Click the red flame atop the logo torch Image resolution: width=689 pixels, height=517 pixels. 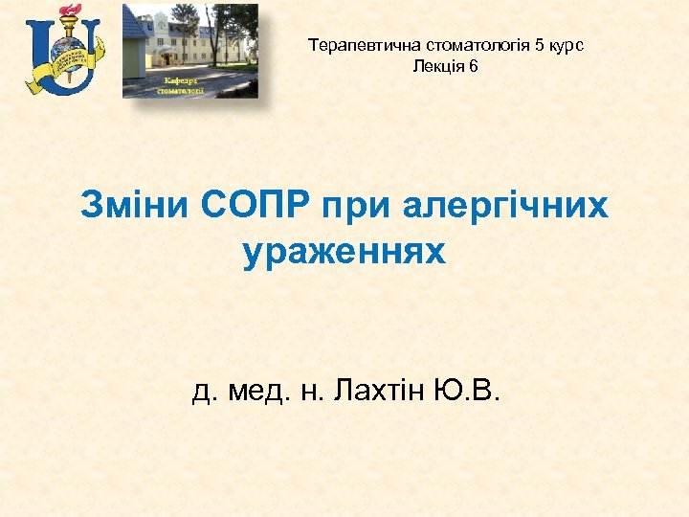pos(69,12)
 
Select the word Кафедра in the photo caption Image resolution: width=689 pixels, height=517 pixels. pos(181,80)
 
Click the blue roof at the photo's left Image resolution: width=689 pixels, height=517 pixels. pos(134,23)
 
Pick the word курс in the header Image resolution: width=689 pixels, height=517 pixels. pos(567,46)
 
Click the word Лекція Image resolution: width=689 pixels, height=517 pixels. pos(434,65)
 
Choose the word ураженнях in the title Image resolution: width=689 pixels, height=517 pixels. pos(344,252)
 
